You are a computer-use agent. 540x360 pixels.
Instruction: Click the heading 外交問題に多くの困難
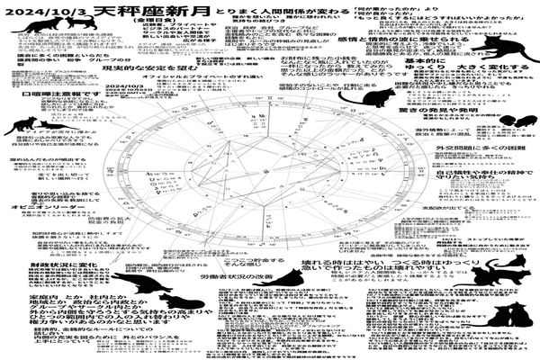click(x=481, y=146)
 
